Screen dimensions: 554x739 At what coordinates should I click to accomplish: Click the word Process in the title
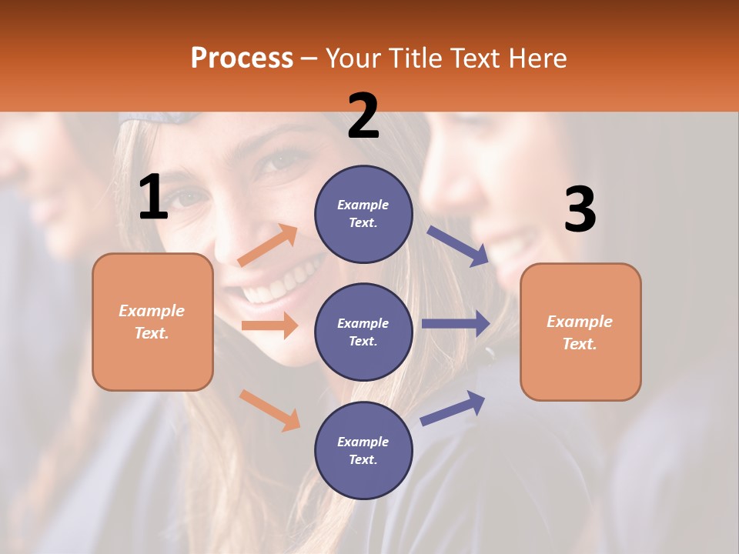coord(242,58)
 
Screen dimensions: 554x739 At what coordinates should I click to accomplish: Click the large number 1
coord(153,198)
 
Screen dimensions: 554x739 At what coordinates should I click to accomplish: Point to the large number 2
coord(363,116)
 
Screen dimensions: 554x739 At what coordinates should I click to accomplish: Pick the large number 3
coord(580,210)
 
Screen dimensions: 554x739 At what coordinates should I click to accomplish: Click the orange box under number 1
coord(152,322)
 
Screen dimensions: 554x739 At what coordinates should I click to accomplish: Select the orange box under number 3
coord(580,332)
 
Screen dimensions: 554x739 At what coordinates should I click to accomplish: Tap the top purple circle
coord(363,214)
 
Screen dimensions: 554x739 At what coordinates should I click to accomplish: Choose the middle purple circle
coord(363,332)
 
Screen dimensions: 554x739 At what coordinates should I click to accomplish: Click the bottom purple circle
coord(363,450)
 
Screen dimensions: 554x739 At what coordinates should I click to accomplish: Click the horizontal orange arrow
coord(269,325)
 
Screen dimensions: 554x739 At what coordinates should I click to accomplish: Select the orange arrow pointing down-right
coord(270,410)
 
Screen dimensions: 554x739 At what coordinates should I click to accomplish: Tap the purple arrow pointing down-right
coord(457,245)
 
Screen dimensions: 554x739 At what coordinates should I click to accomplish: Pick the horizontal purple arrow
coord(456,324)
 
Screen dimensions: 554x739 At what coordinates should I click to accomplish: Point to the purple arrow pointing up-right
coord(453,408)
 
